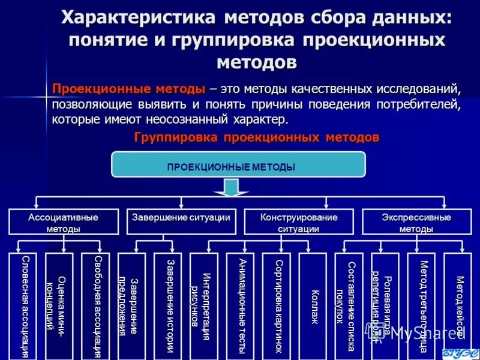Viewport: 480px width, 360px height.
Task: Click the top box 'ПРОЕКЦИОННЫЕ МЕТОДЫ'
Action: point(238,164)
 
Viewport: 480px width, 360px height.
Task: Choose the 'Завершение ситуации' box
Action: point(181,222)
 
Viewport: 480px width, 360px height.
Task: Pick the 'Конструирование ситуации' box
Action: point(299,222)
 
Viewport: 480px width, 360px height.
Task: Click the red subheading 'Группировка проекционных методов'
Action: point(257,137)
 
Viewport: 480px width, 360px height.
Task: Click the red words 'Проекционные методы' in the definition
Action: point(128,89)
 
